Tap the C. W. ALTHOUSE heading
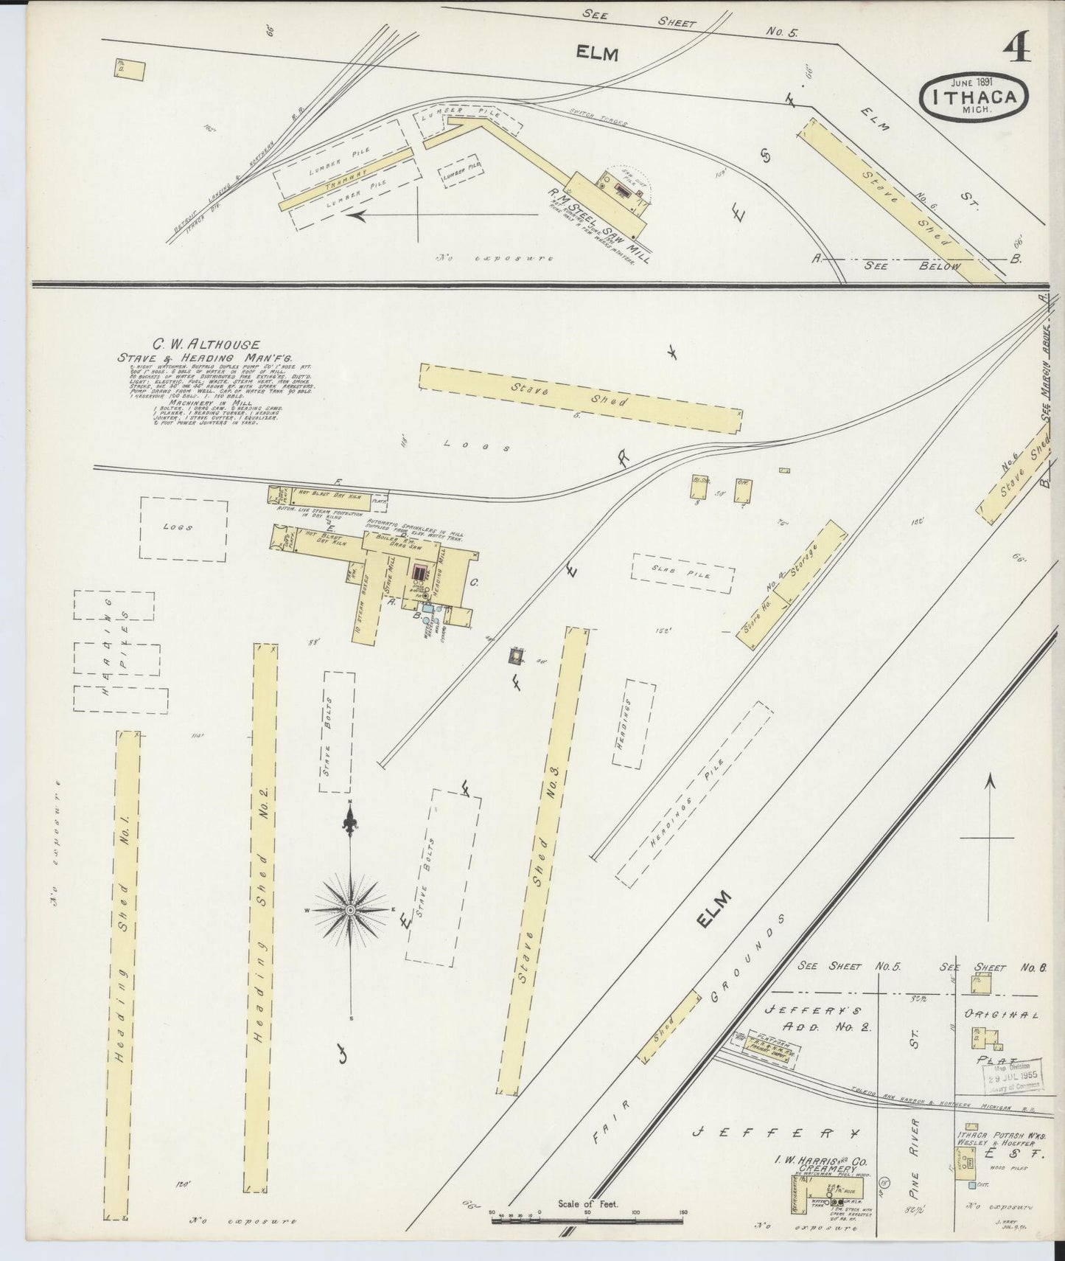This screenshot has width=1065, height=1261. point(195,344)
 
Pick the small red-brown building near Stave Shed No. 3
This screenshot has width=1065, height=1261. point(520,653)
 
